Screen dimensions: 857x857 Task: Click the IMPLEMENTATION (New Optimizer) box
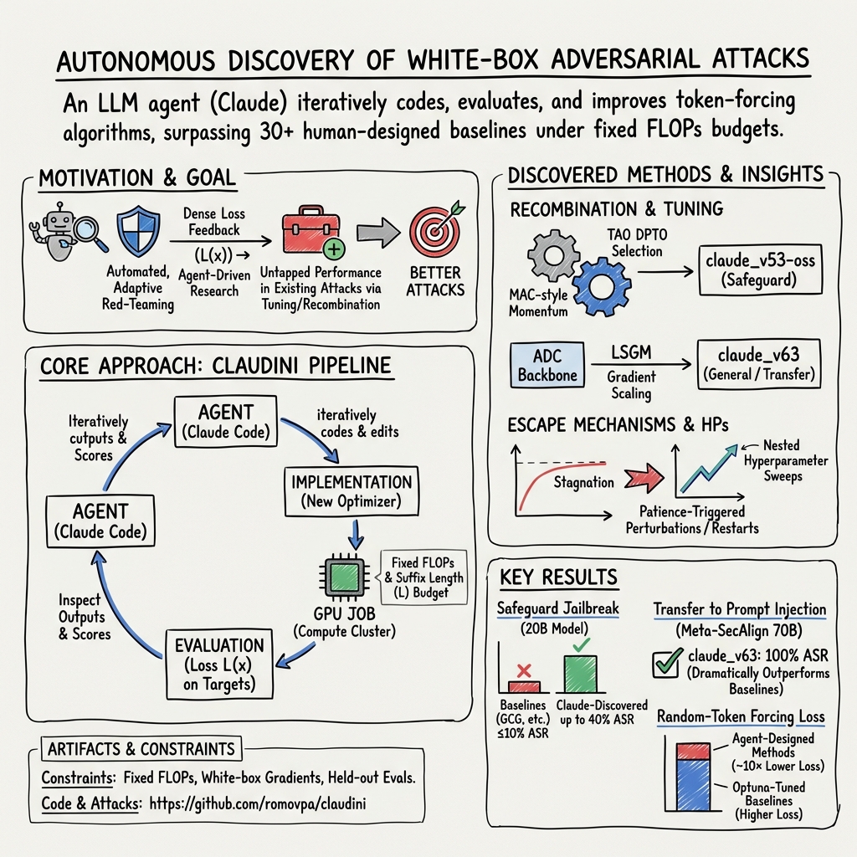click(352, 491)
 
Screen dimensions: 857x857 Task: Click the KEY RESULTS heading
click(558, 577)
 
